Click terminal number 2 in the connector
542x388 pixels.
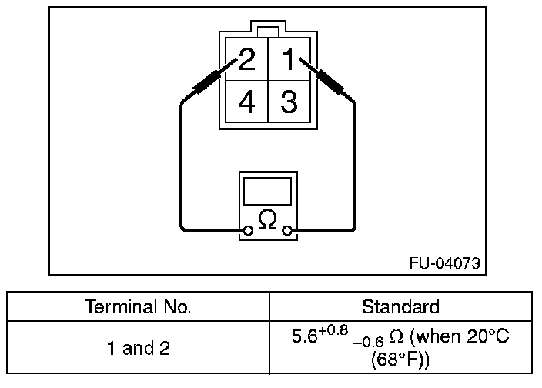point(246,59)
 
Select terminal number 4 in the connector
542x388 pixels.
point(246,102)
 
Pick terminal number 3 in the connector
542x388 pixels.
point(289,102)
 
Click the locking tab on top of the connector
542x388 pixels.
point(266,30)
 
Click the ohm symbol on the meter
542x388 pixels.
point(267,220)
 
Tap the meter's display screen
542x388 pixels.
point(267,191)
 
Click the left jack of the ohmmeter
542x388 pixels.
point(248,229)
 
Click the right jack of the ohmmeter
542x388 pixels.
point(287,229)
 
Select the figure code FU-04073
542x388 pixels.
point(444,263)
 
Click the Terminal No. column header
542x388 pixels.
point(138,306)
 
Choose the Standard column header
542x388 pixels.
point(400,306)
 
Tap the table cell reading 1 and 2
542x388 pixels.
point(138,348)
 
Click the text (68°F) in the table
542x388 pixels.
point(400,360)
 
